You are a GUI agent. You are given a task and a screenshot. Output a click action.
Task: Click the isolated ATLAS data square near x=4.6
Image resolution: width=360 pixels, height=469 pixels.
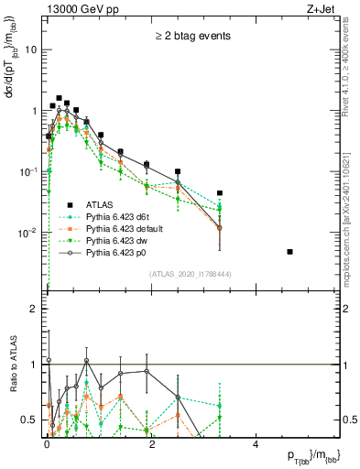point(289,251)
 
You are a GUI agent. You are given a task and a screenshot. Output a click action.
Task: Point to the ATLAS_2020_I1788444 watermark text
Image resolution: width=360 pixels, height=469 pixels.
point(190,274)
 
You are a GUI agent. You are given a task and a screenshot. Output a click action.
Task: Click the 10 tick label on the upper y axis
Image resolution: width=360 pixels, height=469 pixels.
point(30,49)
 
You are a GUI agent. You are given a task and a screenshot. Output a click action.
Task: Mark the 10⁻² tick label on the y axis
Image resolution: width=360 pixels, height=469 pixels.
point(27,233)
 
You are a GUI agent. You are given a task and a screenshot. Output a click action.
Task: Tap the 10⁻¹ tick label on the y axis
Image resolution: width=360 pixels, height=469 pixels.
point(27,171)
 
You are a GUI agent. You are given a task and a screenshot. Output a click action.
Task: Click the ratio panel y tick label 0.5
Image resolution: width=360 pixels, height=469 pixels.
point(27,420)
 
